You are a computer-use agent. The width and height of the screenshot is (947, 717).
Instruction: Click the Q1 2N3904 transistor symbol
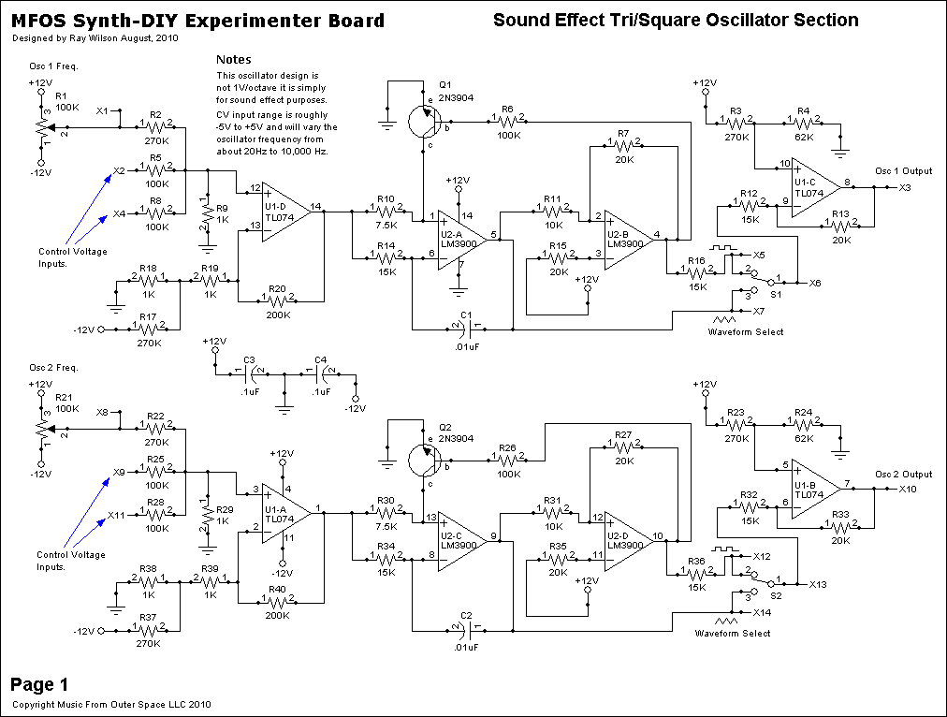click(x=424, y=122)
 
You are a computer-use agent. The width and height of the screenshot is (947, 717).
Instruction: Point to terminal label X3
click(x=905, y=187)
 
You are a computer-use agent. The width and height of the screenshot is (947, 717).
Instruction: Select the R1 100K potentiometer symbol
click(x=40, y=128)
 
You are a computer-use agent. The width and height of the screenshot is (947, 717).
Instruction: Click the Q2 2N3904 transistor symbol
click(x=424, y=460)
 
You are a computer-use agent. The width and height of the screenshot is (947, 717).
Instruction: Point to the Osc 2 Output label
click(x=903, y=475)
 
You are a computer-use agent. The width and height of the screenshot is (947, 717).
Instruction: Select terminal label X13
click(x=819, y=585)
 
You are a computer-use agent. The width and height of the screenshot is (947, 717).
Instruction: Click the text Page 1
click(x=40, y=683)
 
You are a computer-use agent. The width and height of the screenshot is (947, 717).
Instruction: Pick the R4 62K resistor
click(x=804, y=123)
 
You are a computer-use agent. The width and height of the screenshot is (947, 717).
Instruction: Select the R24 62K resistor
click(x=804, y=425)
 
